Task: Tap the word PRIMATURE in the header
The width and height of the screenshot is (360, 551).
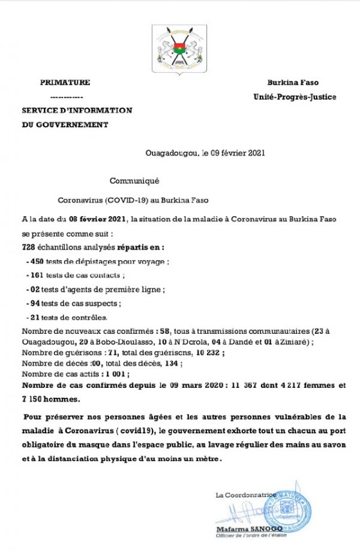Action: [x=65, y=82]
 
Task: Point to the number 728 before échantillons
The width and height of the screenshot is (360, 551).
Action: [x=29, y=247]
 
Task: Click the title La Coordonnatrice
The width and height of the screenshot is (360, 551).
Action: [x=246, y=495]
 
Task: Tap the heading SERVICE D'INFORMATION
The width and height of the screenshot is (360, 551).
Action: [x=77, y=110]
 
